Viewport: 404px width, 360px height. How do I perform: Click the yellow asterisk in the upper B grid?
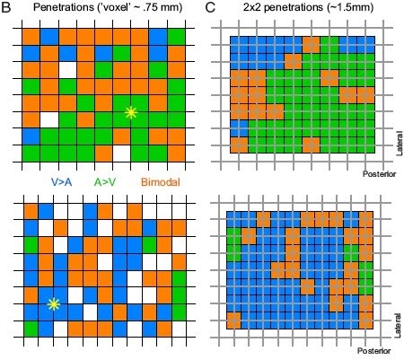132,112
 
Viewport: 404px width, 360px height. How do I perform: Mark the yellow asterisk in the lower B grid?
53,304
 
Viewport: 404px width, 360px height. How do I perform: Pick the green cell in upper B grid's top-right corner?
176,36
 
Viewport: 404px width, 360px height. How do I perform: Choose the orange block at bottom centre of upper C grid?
310,145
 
